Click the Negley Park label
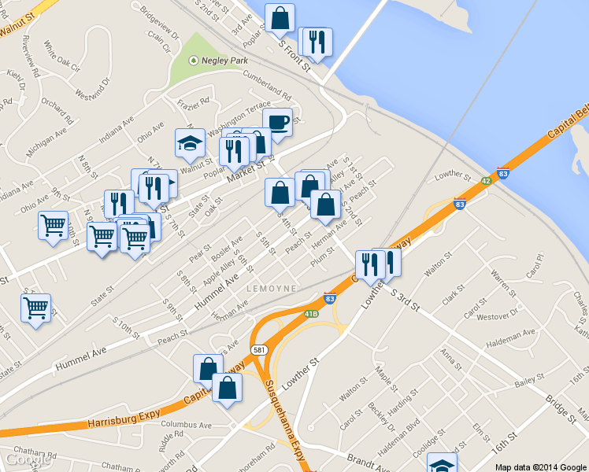click(224, 59)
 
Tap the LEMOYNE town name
click(272, 289)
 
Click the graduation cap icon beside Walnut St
click(190, 143)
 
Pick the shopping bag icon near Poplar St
click(280, 18)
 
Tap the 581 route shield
click(258, 348)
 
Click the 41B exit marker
click(312, 314)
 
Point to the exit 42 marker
click(487, 180)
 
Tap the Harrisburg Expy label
click(118, 419)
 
